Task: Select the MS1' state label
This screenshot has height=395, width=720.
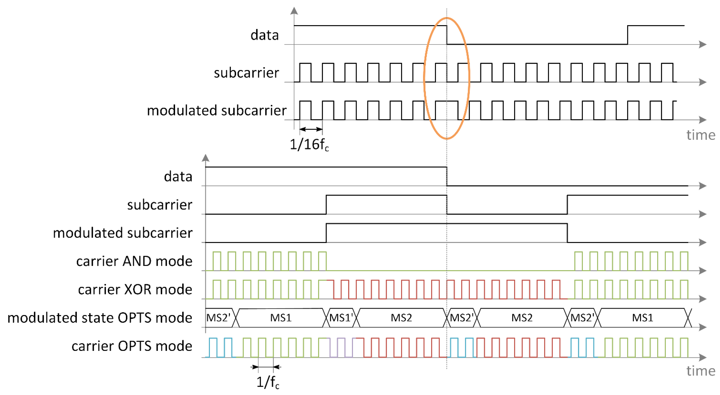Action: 341,318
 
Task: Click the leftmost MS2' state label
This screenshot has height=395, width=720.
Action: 218,318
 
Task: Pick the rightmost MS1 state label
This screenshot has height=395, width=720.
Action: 642,318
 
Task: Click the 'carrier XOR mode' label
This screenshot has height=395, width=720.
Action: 135,289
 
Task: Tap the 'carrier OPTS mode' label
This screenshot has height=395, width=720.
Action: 132,346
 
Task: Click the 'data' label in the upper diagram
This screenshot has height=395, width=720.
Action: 264,35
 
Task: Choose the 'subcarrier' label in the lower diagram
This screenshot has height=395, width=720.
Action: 160,205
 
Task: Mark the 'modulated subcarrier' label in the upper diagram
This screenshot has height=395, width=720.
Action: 217,110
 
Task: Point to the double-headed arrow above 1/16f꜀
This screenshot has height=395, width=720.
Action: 311,129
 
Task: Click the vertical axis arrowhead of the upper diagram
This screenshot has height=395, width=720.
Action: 294,11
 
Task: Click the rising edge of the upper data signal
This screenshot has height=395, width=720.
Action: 627,35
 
